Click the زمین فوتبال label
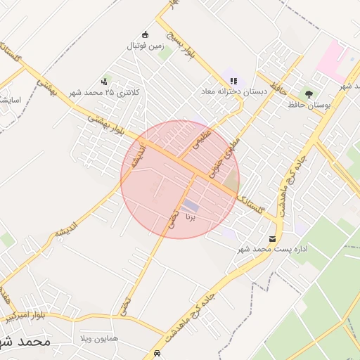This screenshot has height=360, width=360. pos(145,46)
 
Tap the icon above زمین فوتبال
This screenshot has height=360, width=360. pos(146,34)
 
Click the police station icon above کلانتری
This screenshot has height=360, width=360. pos(105,82)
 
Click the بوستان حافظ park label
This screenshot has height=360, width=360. pos(309,105)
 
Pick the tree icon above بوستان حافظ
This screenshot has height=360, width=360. pos(308,94)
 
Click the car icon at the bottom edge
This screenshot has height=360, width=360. pos(157,352)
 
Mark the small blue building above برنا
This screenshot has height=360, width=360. pos(191,205)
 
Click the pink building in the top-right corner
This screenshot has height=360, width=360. pos(331,60)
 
